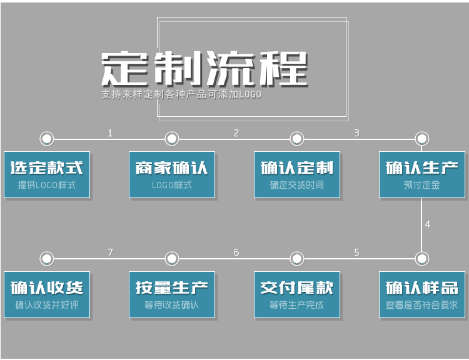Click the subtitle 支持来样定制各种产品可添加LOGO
click(181, 95)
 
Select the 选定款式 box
click(47, 174)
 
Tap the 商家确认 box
click(172, 174)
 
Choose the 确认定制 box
click(297, 174)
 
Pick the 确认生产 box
click(422, 174)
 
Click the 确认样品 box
click(422, 294)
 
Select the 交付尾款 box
click(297, 294)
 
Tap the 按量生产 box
click(172, 294)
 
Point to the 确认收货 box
click(47, 294)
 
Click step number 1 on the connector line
click(110, 132)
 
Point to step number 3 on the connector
click(356, 132)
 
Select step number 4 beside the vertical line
click(428, 224)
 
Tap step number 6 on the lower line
click(236, 252)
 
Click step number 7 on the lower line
click(110, 252)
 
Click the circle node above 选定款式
click(47, 138)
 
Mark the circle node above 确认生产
click(422, 138)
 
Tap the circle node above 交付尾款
click(297, 258)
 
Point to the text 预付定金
click(422, 185)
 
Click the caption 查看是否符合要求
click(422, 305)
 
